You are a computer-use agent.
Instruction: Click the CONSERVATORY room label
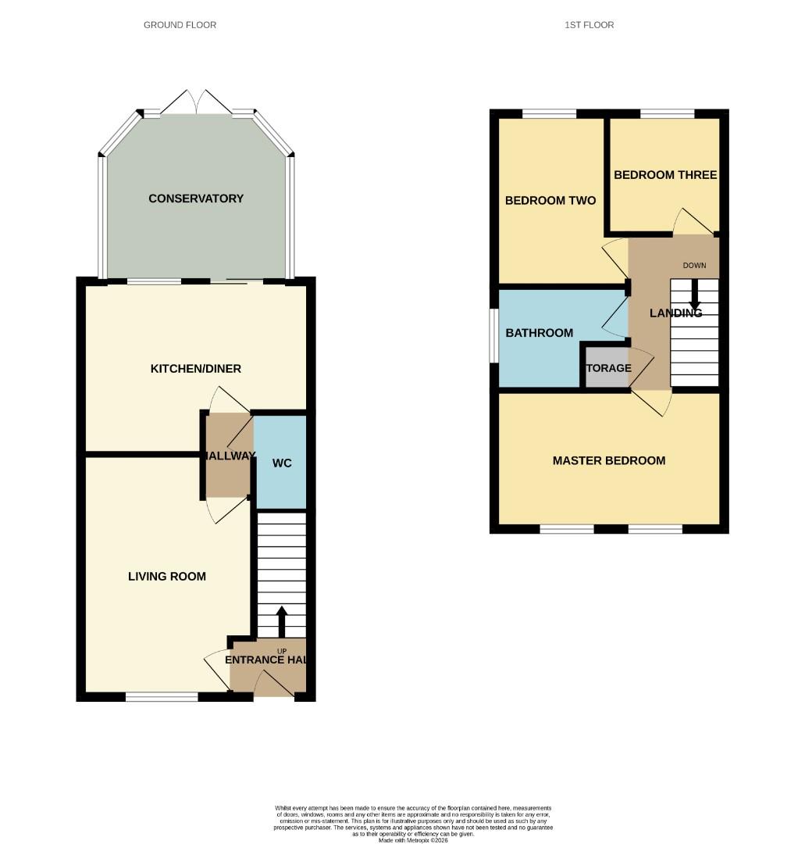pos(196,198)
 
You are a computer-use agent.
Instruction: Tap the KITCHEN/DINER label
pos(196,368)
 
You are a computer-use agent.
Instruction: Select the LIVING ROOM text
pos(167,577)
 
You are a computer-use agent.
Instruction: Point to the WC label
pos(282,463)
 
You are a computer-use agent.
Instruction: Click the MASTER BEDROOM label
pos(609,461)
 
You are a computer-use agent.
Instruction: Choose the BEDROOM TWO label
pos(550,201)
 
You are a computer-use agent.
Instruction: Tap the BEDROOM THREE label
pos(665,175)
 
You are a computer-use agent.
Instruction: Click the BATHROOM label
pos(540,333)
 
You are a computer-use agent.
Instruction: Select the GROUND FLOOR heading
pos(180,25)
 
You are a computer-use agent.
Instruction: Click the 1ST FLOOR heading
pos(590,25)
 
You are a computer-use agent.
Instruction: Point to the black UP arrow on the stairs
pos(281,621)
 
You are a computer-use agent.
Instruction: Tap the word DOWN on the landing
pos(694,266)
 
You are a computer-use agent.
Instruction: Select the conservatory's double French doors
pos(198,104)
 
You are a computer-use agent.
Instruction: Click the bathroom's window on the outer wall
pos(494,335)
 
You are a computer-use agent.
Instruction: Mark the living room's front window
pos(162,696)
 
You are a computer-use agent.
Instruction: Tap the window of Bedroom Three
pos(667,114)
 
